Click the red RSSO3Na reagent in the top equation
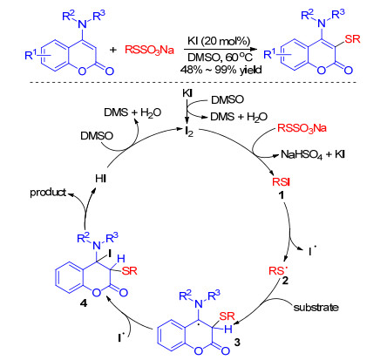[x=149, y=50]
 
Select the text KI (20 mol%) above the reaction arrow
[x=219, y=41]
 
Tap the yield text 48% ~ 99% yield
[x=221, y=70]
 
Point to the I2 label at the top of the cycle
[x=189, y=132]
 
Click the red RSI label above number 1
[x=281, y=182]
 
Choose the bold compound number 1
[x=281, y=195]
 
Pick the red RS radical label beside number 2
[x=276, y=270]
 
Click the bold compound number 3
[x=237, y=343]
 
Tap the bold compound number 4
[x=84, y=303]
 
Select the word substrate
[x=316, y=307]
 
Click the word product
[x=48, y=193]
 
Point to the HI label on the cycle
[x=101, y=179]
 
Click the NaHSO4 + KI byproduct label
[x=313, y=154]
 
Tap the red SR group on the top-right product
[x=352, y=38]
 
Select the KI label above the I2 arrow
[x=187, y=93]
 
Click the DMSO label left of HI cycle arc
[x=97, y=136]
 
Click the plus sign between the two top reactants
[x=113, y=50]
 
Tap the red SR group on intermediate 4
[x=129, y=271]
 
